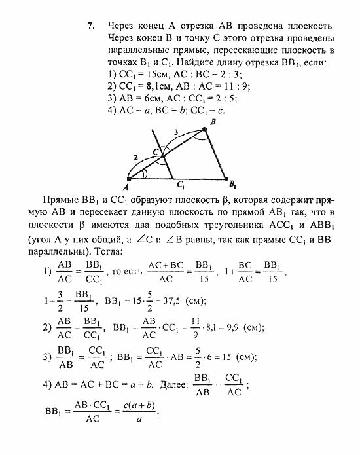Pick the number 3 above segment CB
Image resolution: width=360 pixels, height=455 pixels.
click(175, 134)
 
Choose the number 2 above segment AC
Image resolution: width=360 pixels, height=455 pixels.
click(135, 158)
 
